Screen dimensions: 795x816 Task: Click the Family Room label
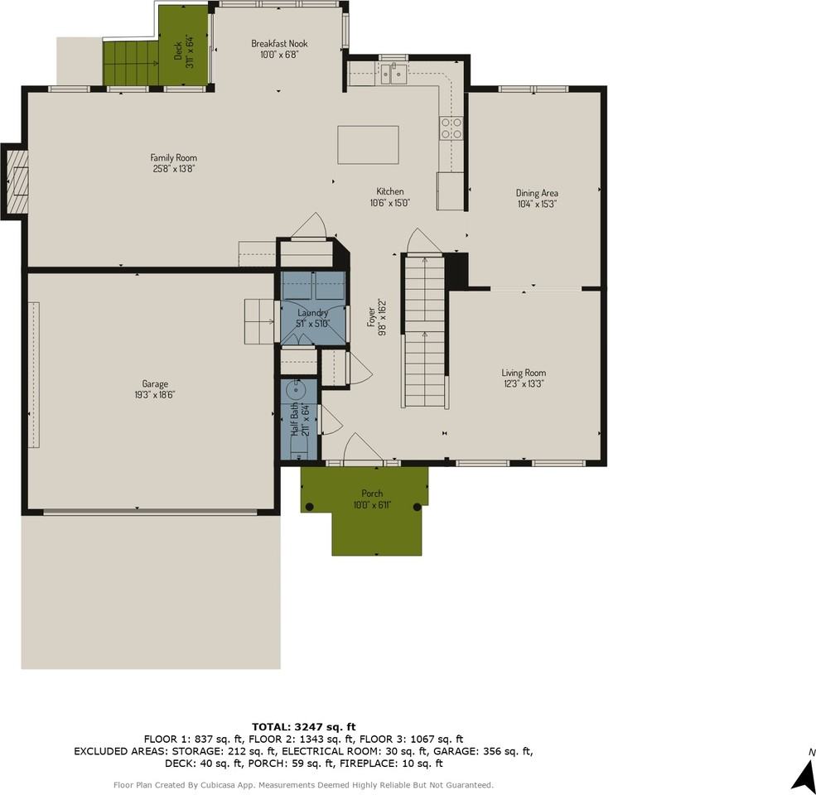173,157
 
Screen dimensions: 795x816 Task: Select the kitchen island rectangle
368,145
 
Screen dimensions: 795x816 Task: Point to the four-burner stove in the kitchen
451,128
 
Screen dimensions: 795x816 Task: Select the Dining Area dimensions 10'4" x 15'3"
537,204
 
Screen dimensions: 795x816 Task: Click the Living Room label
524,373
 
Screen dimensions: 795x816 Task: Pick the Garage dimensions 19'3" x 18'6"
155,395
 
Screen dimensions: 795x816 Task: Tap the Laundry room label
313,312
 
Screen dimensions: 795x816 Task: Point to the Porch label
372,494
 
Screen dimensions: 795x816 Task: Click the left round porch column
310,506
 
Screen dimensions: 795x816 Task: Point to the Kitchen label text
390,191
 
